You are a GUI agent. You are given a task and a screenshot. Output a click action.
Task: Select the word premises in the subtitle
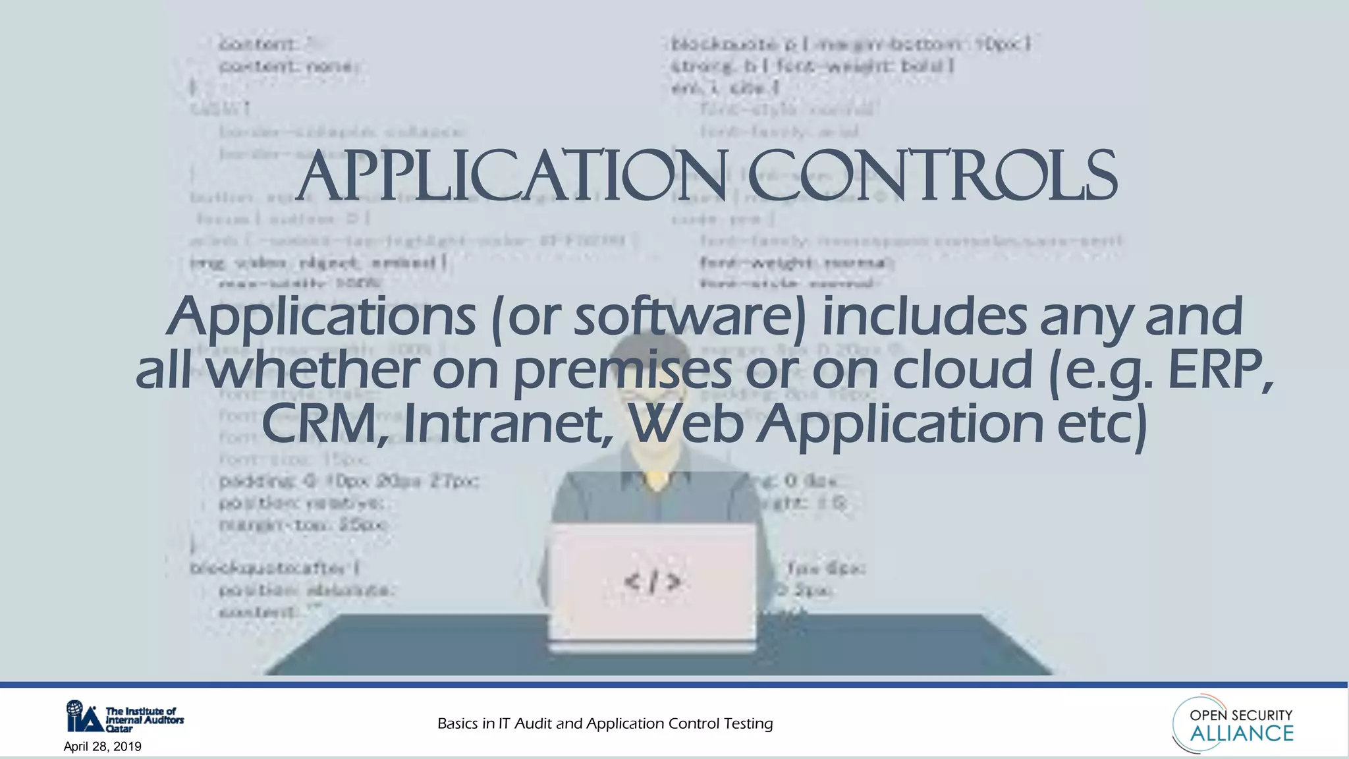coord(622,371)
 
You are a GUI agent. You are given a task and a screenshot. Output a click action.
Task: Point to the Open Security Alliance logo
coord(1233,724)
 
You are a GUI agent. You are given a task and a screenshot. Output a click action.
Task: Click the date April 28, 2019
coord(102,746)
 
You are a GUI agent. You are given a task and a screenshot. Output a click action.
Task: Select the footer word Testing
coord(748,723)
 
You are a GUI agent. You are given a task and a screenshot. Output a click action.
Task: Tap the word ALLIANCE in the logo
coord(1241,733)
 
